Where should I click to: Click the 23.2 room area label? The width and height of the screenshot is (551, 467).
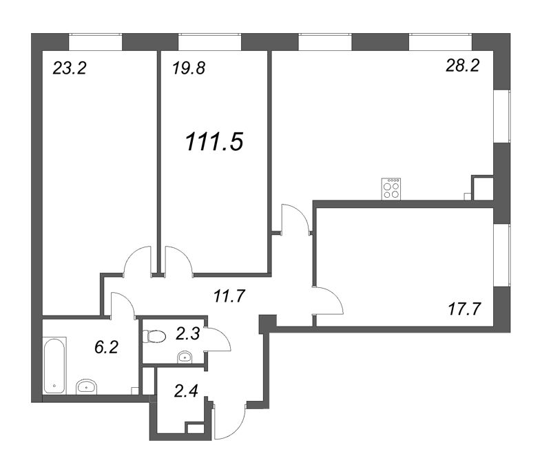click(x=70, y=68)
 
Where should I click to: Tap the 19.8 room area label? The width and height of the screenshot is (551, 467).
click(x=189, y=68)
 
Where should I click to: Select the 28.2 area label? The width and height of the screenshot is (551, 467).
click(x=462, y=65)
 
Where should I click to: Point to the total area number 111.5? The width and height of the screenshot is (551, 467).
click(x=214, y=143)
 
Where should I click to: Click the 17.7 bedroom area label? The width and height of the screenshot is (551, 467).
click(x=464, y=309)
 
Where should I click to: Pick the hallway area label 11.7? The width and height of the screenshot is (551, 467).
click(x=229, y=296)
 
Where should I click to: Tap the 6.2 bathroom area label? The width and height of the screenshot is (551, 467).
click(x=106, y=348)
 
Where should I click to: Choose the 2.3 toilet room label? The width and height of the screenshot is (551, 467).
click(x=187, y=333)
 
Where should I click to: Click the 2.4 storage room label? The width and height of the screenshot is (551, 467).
click(x=186, y=391)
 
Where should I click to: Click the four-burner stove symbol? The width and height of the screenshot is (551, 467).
click(x=391, y=189)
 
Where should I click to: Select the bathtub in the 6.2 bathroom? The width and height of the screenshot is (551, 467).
click(x=54, y=366)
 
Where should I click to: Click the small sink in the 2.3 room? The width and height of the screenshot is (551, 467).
click(x=185, y=357)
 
